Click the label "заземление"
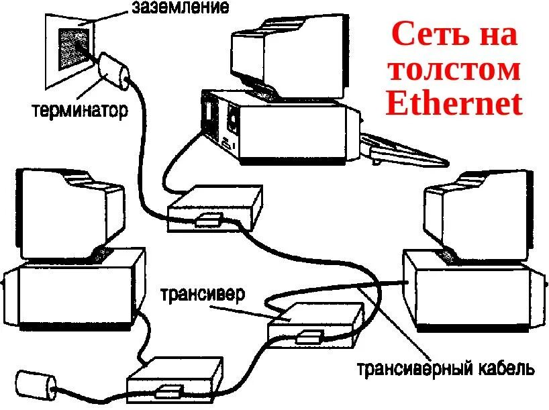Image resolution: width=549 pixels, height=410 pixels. click(181, 8)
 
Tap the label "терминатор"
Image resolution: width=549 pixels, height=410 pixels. click(79, 109)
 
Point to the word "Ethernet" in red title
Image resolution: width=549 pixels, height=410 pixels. click(454, 104)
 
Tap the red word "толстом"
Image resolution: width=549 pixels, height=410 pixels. click(454, 69)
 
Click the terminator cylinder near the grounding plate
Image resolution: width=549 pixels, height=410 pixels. click(115, 69)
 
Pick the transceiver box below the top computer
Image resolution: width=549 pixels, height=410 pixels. click(215, 209)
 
